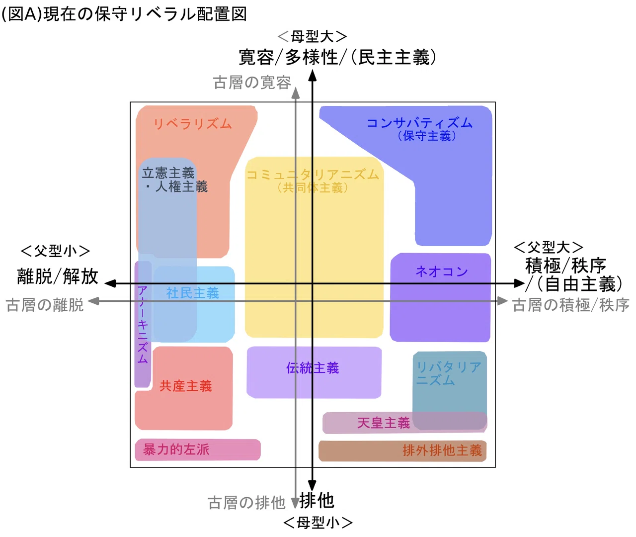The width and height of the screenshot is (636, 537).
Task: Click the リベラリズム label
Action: click(x=192, y=124)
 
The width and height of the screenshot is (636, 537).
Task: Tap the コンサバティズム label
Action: click(x=419, y=123)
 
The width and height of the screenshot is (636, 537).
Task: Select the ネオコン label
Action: click(x=442, y=271)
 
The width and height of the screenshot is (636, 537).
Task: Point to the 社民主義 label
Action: click(x=192, y=293)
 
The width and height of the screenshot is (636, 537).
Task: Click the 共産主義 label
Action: click(x=186, y=386)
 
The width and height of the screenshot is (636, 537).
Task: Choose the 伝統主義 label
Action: click(x=313, y=368)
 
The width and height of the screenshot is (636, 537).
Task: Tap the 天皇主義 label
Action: click(x=384, y=423)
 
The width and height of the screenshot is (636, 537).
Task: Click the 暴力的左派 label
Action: click(x=176, y=449)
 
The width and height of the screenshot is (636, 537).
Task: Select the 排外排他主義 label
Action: click(x=442, y=450)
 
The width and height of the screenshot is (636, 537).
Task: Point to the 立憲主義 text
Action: click(x=168, y=173)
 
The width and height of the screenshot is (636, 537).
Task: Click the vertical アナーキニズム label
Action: click(x=142, y=325)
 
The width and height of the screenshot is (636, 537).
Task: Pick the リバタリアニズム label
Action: click(x=449, y=373)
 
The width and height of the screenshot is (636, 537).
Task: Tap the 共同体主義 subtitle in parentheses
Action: click(x=313, y=188)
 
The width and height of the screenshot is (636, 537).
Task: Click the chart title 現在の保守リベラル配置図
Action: click(x=145, y=14)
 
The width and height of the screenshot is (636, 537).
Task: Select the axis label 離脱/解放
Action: click(x=58, y=276)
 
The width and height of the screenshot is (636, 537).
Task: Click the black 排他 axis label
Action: click(x=317, y=500)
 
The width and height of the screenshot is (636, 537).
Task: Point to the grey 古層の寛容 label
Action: click(x=252, y=83)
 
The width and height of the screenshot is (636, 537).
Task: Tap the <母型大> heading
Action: click(x=313, y=37)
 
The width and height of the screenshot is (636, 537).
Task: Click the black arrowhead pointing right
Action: click(x=519, y=283)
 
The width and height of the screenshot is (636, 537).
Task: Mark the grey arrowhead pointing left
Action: click(x=93, y=301)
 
